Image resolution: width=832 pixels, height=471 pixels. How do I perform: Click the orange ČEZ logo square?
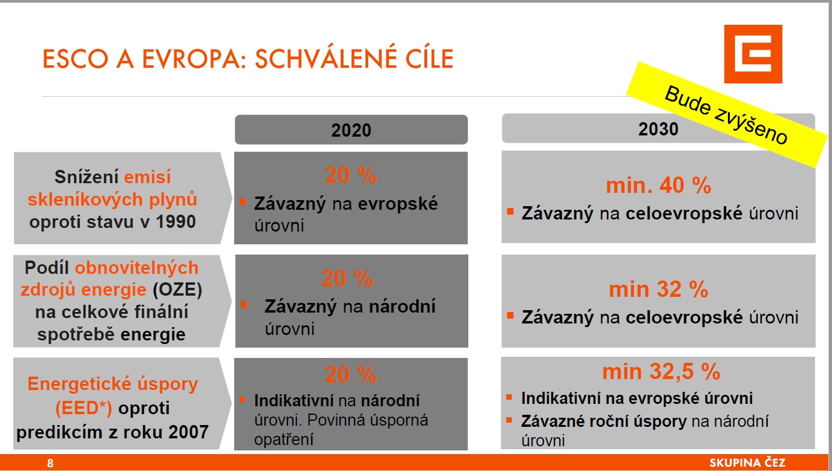753,54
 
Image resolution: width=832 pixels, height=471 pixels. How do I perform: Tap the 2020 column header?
351,129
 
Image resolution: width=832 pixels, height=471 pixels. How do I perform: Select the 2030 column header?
658,128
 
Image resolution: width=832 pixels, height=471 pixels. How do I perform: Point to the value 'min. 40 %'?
658,185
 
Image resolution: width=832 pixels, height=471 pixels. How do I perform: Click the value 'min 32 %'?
658,289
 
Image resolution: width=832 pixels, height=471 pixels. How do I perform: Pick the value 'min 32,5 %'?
661,371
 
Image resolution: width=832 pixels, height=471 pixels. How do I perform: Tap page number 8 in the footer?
50,463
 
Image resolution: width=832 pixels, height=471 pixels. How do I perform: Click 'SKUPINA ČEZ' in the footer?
747,463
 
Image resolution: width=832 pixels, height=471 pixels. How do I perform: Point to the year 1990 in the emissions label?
175,221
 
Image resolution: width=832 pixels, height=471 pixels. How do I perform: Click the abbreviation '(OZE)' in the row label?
177,290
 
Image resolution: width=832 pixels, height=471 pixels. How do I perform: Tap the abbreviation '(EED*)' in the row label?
84,408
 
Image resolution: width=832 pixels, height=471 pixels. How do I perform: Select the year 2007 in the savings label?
188,432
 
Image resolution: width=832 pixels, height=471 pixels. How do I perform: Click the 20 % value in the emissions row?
350,175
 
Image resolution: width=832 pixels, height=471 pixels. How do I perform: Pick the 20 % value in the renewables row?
347,278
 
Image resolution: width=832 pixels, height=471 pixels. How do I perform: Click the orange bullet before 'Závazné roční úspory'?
509,420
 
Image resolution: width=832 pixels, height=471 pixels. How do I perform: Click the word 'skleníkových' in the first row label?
85,200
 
